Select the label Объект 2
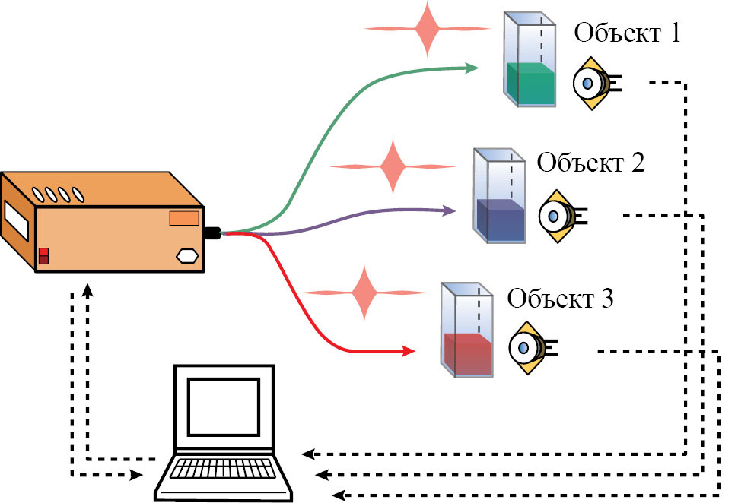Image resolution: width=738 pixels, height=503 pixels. (x=590, y=163)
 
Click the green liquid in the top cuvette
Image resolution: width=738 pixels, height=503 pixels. (x=531, y=85)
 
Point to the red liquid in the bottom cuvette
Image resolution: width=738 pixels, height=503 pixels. (x=468, y=353)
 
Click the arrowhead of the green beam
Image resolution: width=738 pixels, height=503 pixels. (x=472, y=68)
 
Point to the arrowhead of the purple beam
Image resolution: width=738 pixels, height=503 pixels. (x=450, y=208)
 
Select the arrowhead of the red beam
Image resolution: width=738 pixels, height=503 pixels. (x=409, y=351)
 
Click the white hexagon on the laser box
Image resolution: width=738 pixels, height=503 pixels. (x=187, y=256)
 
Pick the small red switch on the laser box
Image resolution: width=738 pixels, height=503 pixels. (x=43, y=255)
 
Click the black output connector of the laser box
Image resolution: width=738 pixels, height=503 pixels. (x=212, y=233)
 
